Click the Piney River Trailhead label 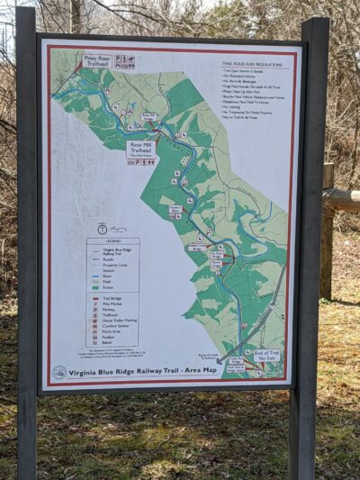(x=96, y=61)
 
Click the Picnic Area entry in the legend (x=112, y=331)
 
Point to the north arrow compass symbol (x=102, y=229)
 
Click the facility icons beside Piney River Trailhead (x=124, y=61)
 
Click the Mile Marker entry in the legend (x=112, y=303)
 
